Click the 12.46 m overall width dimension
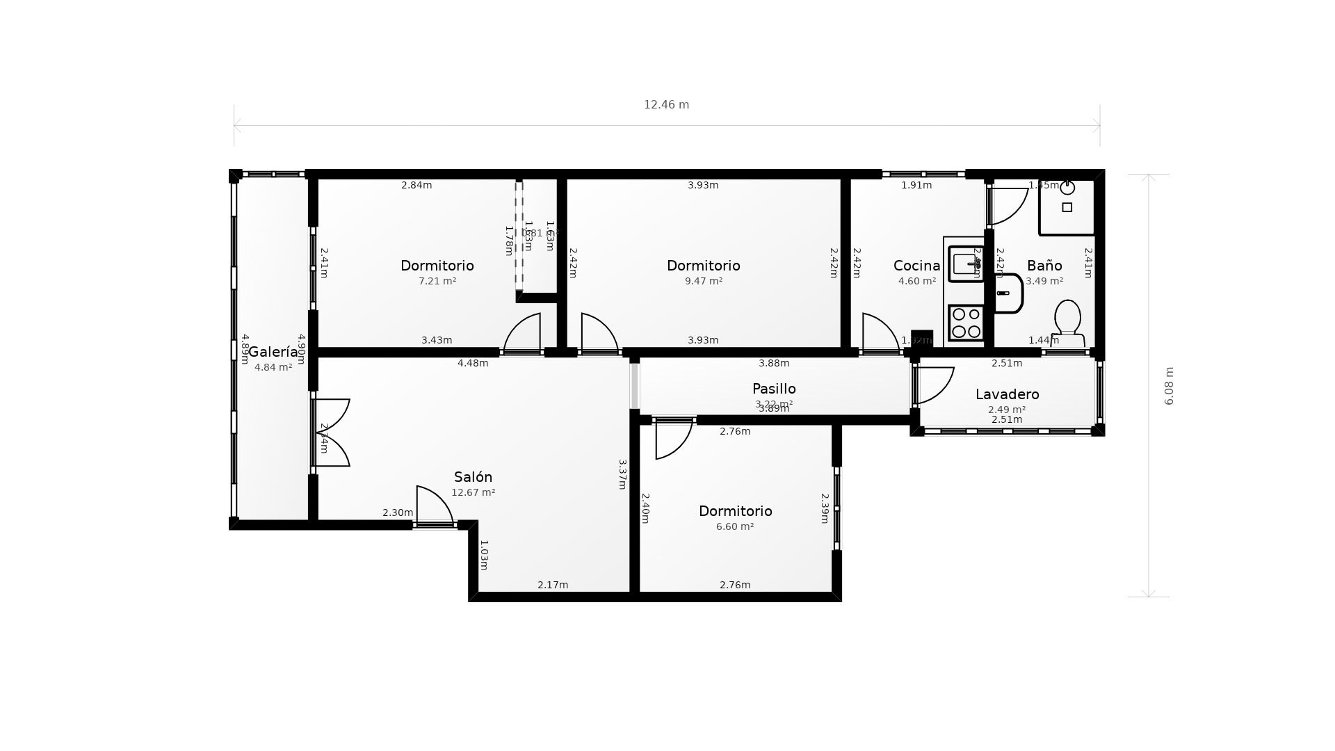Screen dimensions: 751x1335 [x=666, y=105]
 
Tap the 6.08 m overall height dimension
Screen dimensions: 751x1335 [x=1169, y=386]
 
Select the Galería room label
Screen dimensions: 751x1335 [x=273, y=352]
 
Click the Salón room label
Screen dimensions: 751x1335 [x=473, y=477]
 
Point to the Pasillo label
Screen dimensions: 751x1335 [x=774, y=389]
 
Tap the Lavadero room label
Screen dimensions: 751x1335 [x=1007, y=394]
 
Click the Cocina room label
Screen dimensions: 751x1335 [x=916, y=266]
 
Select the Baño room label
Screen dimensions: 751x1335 [x=1044, y=266]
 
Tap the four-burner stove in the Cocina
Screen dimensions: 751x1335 [x=966, y=323]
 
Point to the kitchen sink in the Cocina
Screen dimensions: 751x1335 [x=966, y=264]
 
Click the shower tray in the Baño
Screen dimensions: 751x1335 [x=1067, y=207]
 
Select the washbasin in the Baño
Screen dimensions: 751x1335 [x=1008, y=293]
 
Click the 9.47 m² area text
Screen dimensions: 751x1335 [x=703, y=282]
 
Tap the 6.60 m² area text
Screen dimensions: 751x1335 [x=735, y=527]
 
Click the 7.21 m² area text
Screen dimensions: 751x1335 [x=437, y=282]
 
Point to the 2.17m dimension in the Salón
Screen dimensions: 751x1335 [x=553, y=585]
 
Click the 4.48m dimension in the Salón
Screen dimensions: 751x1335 [x=473, y=363]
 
